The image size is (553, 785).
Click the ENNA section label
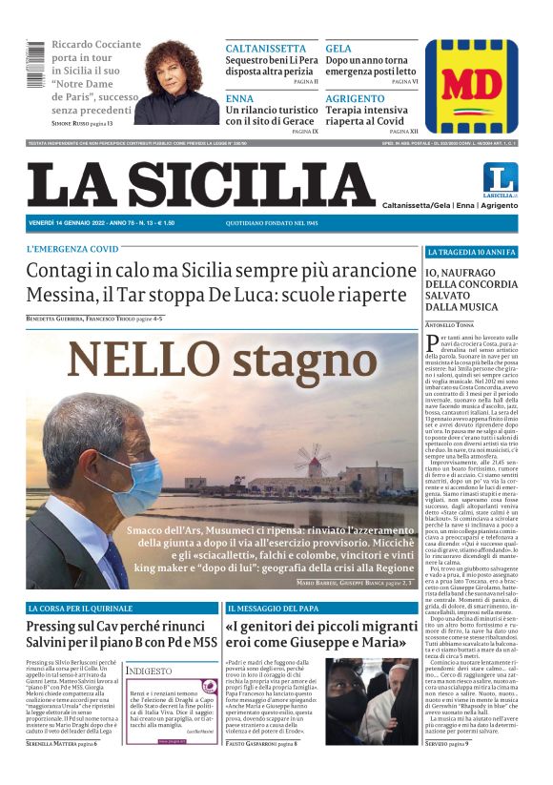pyautogui.click(x=239, y=98)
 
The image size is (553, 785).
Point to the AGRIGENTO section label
pyautogui.click(x=355, y=98)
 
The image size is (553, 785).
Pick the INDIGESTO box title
pyautogui.click(x=151, y=671)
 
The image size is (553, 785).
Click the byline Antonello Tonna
pyautogui.click(x=450, y=325)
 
